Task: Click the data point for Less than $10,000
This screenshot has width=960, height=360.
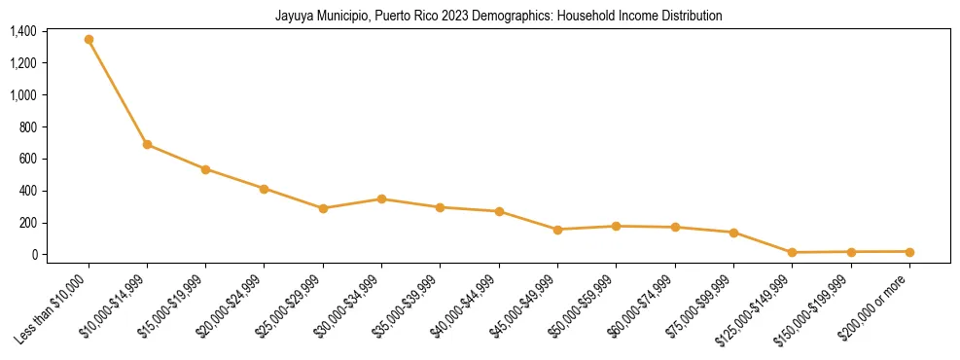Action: [89, 40]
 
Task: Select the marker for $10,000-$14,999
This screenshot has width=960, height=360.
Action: [147, 144]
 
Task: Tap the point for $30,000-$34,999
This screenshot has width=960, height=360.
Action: [381, 199]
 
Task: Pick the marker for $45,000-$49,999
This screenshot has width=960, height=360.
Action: [557, 230]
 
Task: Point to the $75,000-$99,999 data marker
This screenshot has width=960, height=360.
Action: [733, 233]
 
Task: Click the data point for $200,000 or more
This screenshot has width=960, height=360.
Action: [909, 252]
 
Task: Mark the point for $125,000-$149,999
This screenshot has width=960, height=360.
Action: [792, 253]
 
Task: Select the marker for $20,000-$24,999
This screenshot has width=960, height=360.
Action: [264, 189]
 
